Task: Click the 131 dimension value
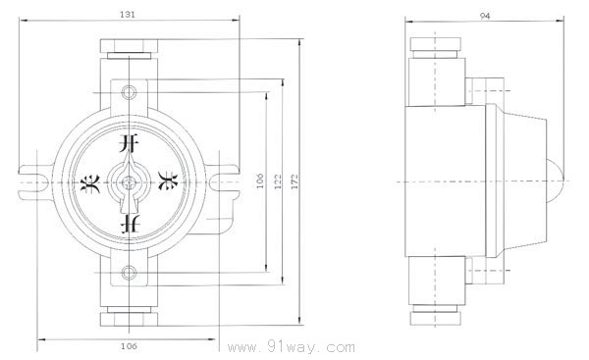point(128,15)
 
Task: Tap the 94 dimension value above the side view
point(485,16)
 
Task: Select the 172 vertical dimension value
point(294,181)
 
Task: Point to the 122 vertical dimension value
point(278,181)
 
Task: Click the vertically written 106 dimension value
point(260,180)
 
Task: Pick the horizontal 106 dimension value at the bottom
point(130,346)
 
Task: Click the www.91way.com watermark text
point(292,347)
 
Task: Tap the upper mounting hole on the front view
point(129,92)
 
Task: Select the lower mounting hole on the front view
point(129,272)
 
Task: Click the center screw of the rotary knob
point(129,182)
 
